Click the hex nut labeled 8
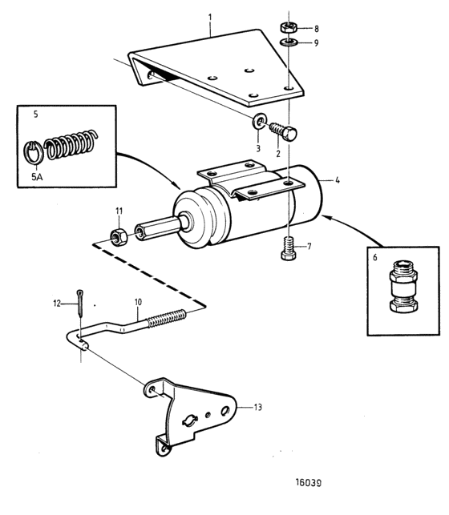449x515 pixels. click(289, 27)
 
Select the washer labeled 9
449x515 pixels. click(289, 42)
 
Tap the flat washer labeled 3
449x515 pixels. click(259, 121)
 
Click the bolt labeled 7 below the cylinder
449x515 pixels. click(289, 248)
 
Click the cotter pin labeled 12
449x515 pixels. click(80, 302)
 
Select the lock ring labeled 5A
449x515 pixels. click(33, 151)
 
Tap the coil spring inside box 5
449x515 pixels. click(71, 144)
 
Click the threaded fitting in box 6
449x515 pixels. click(403, 286)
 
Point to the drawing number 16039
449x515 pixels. click(309, 482)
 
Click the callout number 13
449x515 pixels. click(257, 407)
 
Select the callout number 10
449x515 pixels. click(138, 302)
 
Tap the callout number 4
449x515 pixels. click(338, 180)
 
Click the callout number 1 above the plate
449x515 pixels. click(210, 17)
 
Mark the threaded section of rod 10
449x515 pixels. click(166, 318)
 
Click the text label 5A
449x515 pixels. click(37, 177)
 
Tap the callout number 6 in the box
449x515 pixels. click(375, 258)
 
